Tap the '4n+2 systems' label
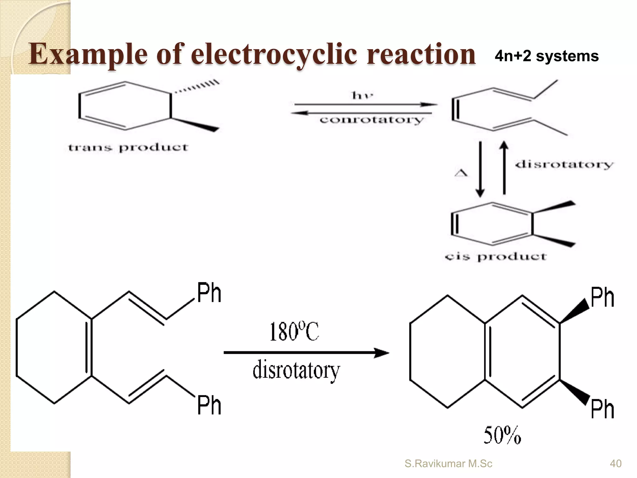point(546,56)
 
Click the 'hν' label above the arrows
point(362,95)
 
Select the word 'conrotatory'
point(372,120)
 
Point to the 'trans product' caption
point(128,148)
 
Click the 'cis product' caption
point(495,257)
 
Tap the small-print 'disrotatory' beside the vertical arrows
point(564,164)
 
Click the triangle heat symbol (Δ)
point(461,173)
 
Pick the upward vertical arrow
point(504,168)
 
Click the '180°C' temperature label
point(294,332)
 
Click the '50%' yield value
point(502,435)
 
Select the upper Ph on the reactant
point(209,293)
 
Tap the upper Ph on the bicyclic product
point(602,298)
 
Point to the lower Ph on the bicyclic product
point(602,409)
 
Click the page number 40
point(616,464)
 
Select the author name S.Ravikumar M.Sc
point(448,464)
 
